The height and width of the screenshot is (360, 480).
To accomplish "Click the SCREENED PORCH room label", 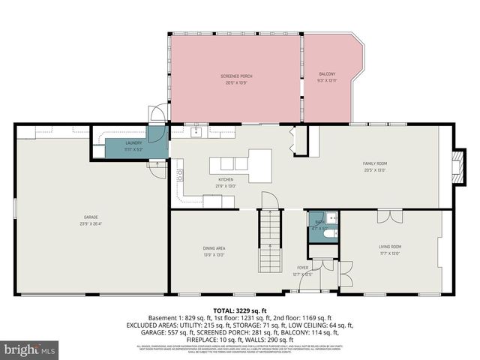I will (x=235, y=77).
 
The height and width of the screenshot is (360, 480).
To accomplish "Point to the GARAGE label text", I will (x=90, y=220).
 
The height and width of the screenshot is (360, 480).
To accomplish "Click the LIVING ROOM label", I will (x=390, y=248).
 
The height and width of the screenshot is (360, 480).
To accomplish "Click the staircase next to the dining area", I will (x=269, y=241).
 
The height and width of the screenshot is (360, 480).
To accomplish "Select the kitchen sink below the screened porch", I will (x=196, y=133).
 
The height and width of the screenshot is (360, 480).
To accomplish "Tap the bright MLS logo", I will (x=30, y=349).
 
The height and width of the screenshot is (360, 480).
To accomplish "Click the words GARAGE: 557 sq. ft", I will (x=157, y=332).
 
